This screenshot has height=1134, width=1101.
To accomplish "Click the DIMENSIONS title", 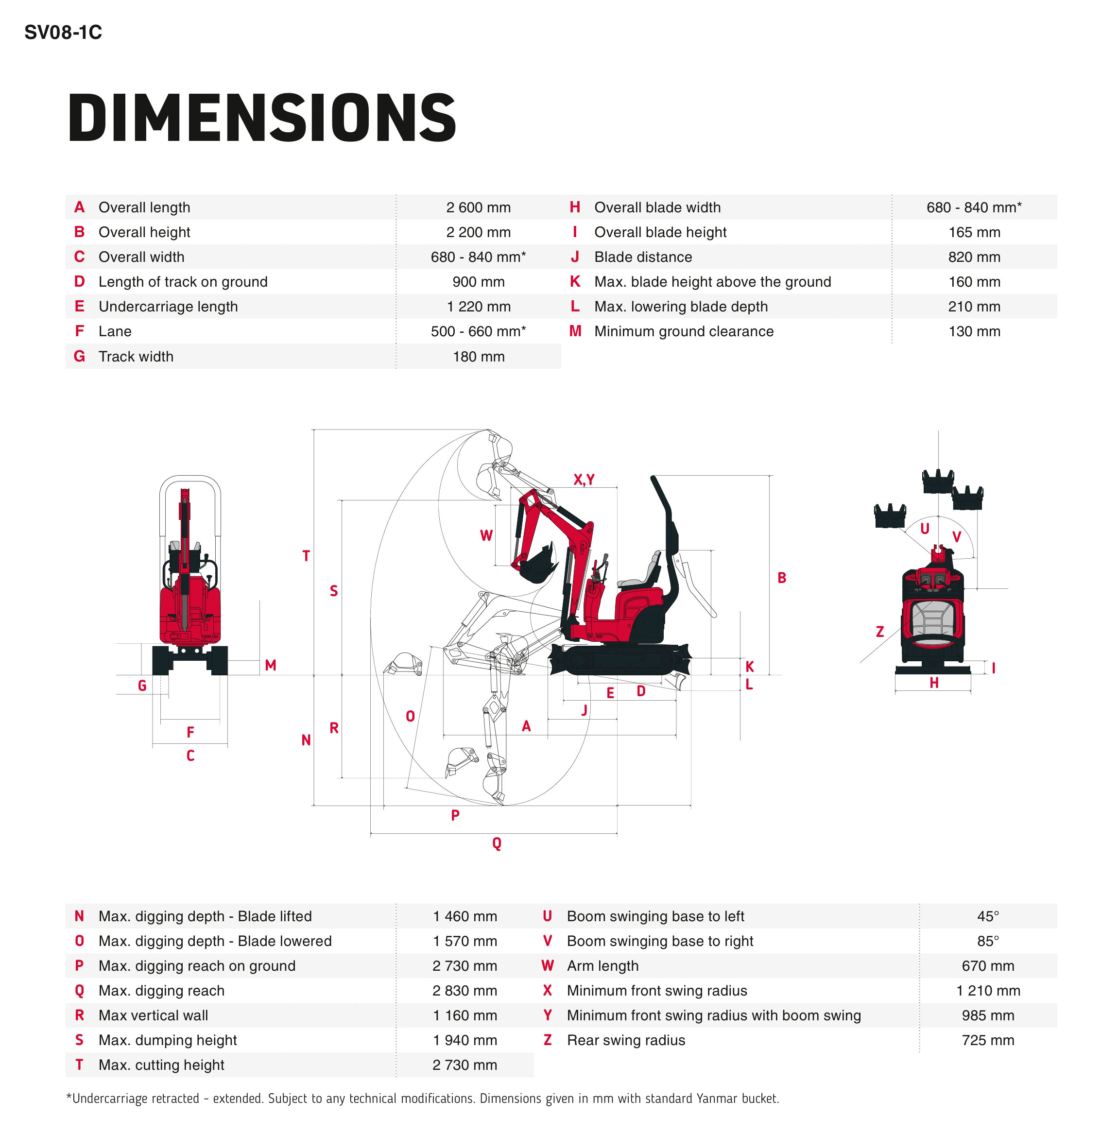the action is pos(262,118).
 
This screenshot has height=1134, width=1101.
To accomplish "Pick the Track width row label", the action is pos(136,357).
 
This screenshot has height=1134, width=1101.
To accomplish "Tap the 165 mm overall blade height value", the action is pos(974,233).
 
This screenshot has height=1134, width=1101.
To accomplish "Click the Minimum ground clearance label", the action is pos(684,331).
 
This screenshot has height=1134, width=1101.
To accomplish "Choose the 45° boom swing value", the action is pos(988,916).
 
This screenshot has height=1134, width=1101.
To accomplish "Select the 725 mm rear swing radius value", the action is pos(988,1040).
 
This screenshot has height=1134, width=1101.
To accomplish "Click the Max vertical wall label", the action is pos(154,1015).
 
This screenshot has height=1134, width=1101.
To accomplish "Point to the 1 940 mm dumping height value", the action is pos(464,1040).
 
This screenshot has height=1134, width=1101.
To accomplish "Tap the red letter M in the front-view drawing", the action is pos(270,665).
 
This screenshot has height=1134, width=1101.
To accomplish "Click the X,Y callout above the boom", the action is pos(584,480).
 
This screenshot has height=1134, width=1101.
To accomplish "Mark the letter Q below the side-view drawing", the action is pos(497,843).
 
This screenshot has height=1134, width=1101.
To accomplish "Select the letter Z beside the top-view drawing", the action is pos(879,631).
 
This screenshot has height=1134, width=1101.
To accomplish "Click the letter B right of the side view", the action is pos(782,577).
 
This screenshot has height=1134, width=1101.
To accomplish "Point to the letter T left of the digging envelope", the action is pos(306,556).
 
